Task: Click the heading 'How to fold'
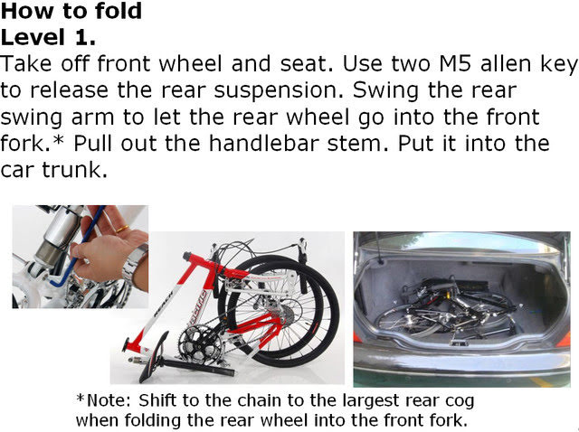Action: click(x=71, y=11)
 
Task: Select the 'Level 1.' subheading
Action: click(x=48, y=37)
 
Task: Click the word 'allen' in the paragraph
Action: click(x=505, y=63)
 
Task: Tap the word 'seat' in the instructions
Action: click(x=306, y=64)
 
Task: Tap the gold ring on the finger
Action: click(x=122, y=229)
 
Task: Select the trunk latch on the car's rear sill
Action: click(x=458, y=343)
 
